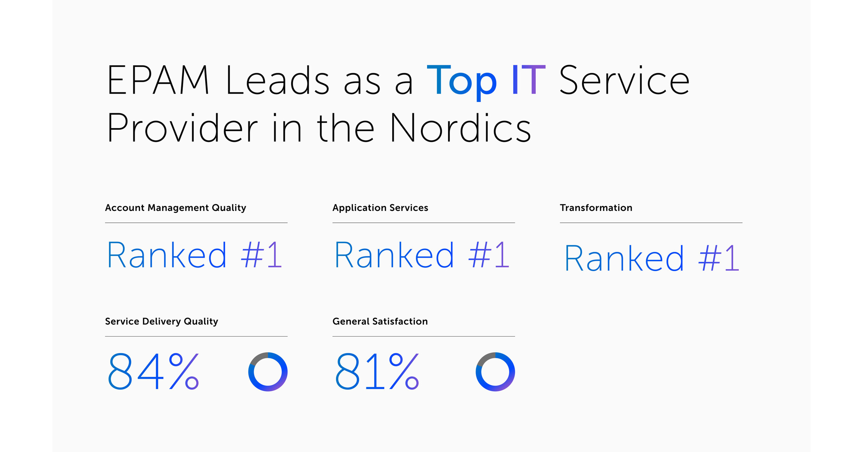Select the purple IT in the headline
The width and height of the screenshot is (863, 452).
click(528, 81)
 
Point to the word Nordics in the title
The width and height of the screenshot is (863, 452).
click(460, 128)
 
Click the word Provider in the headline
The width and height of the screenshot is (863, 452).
click(182, 128)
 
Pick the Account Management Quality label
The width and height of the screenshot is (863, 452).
click(175, 208)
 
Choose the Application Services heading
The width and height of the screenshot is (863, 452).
click(380, 208)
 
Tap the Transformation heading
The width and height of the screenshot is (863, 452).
click(596, 208)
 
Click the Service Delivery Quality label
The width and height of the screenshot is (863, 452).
click(161, 321)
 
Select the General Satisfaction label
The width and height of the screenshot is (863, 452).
click(380, 321)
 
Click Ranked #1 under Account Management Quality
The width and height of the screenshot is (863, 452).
click(194, 255)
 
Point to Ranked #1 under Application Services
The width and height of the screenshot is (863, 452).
click(422, 255)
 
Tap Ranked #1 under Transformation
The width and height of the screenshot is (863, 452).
click(651, 258)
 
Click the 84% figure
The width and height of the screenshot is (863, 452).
click(153, 371)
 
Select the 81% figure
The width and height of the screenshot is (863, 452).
click(377, 371)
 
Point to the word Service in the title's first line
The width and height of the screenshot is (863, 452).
click(624, 81)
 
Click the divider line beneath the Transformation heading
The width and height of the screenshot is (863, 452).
click(651, 222)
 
